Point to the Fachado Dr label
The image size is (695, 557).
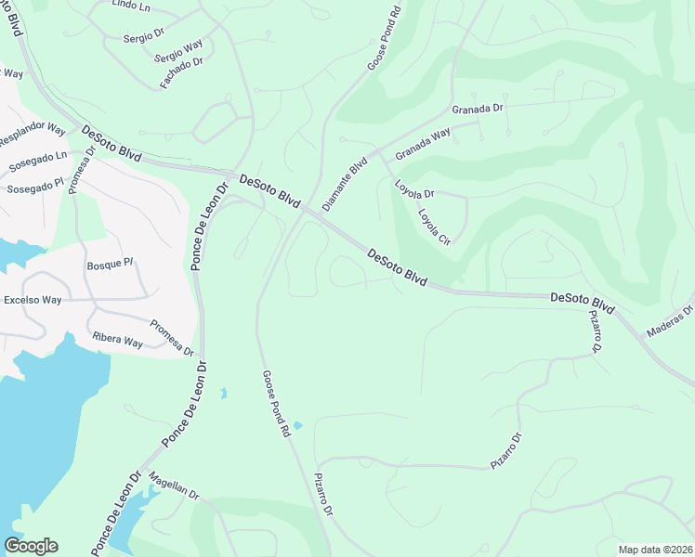pos(181,69)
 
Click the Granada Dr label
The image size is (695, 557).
pos(477,109)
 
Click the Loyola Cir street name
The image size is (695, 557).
pos(434,226)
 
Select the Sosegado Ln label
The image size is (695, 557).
pos(38,161)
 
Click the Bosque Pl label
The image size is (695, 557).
pos(106,266)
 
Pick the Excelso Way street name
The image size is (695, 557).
pos(33,301)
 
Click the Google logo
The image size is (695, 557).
pos(31,546)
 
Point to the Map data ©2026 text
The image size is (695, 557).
pos(654,550)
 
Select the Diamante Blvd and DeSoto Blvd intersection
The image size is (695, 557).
pos(318,214)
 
